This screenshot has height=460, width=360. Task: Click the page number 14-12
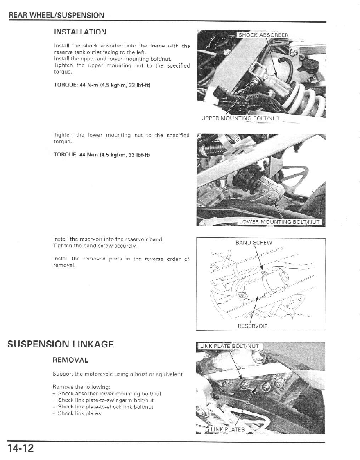tap(20, 449)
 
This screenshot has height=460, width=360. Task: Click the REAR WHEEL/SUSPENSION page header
tap(57, 16)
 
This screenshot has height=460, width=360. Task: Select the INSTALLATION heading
tap(80, 32)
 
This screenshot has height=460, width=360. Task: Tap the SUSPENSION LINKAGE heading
tap(61, 344)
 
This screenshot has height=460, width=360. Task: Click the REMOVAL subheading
tap(70, 361)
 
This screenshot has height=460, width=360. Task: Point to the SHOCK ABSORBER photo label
tap(263, 35)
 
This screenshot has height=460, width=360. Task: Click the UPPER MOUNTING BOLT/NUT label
tap(240, 119)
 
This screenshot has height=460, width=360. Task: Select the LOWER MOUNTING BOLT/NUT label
tap(281, 222)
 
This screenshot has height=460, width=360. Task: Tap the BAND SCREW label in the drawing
tap(254, 243)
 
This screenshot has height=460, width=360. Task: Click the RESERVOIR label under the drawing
tap(253, 326)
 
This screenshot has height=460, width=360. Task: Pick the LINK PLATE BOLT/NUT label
tap(229, 346)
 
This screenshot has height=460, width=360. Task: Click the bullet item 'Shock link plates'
tap(79, 413)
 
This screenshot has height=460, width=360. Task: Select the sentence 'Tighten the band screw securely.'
tap(95, 246)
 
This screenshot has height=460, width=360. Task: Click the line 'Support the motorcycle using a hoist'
tap(118, 374)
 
